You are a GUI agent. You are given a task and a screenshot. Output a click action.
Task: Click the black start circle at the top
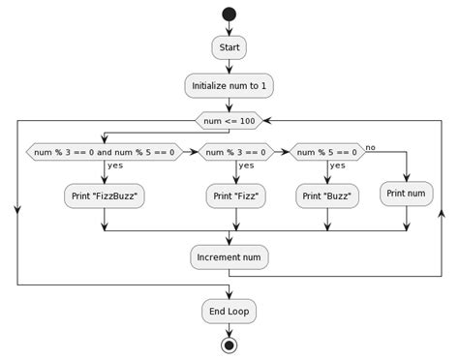(229, 14)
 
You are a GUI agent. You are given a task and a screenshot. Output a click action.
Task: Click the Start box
(229, 47)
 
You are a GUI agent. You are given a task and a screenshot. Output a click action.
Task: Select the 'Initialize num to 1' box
(229, 86)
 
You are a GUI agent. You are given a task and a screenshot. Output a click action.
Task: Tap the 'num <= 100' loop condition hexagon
(229, 121)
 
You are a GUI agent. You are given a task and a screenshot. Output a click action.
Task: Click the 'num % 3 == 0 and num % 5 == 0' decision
(104, 152)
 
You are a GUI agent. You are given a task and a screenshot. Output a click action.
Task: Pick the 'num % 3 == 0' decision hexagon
(236, 152)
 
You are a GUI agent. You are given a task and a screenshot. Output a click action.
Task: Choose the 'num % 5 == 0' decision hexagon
(327, 152)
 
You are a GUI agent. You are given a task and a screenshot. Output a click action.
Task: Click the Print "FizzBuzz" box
(104, 196)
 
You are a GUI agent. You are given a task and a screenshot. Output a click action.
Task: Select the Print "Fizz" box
(236, 196)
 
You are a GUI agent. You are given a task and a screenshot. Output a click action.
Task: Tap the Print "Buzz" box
(327, 196)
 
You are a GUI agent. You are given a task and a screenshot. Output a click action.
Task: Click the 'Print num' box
(407, 193)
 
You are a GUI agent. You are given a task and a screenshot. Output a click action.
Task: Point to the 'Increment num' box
(229, 257)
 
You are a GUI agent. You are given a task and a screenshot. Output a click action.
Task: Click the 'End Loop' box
(229, 311)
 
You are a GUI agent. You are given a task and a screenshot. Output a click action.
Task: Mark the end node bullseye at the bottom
(229, 345)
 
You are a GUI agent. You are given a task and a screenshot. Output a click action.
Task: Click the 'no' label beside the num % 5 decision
(371, 146)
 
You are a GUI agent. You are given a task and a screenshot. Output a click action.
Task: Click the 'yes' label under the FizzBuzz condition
(115, 165)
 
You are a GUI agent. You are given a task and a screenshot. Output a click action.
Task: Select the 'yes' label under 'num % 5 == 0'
(338, 165)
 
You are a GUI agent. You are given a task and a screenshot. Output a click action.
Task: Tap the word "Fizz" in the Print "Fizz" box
(244, 196)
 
